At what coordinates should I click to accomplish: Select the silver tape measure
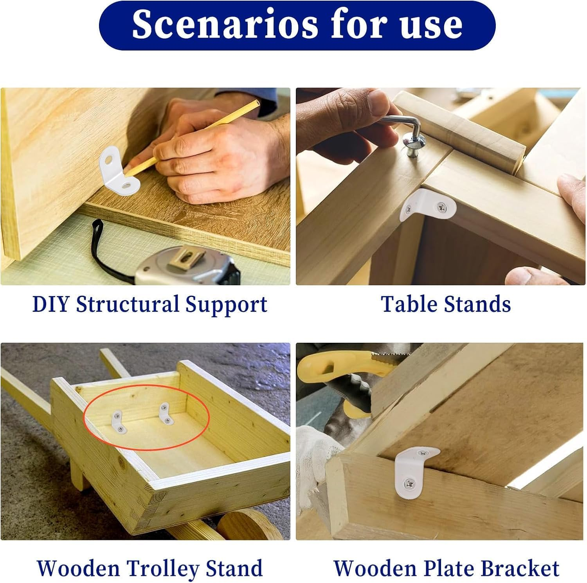point(187,266)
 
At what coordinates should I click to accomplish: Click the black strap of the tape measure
point(109,250)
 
